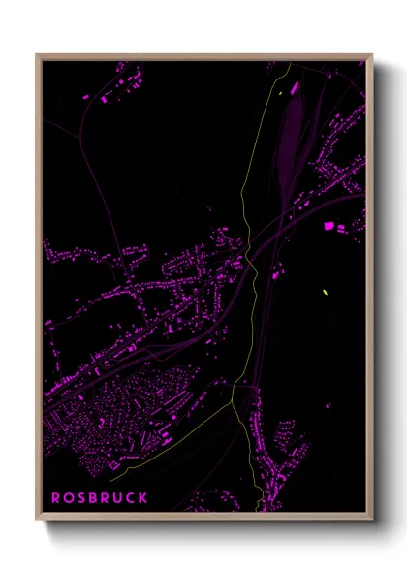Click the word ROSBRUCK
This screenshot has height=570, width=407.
99,497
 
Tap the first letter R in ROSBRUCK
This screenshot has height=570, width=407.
56,497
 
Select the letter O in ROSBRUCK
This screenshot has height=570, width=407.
69,497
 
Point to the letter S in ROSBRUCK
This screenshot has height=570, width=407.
81,497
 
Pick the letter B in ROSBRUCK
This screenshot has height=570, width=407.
93,497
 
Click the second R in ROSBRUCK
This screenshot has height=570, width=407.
106,497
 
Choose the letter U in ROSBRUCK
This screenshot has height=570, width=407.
118,497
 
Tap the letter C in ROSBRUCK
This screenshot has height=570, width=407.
131,497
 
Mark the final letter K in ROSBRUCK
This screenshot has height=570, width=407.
143,497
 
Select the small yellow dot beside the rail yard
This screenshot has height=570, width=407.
279,93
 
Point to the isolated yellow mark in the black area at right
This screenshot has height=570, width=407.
325,291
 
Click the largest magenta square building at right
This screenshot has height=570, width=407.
328,226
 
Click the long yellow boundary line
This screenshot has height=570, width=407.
244,320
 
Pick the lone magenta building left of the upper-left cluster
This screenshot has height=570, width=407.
86,98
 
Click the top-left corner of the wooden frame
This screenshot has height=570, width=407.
38,55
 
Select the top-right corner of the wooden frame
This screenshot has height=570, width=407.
372,55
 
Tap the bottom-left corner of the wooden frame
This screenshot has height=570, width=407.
38,521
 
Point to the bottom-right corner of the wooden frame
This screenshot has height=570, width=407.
372,521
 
